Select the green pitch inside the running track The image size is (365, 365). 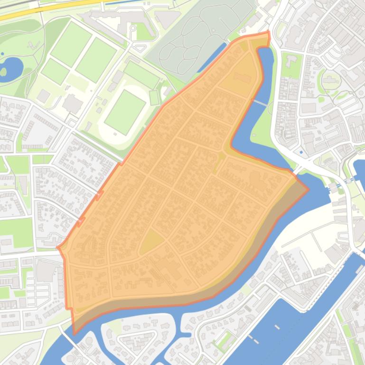pos(125,111)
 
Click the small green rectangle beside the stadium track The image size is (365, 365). pos(154,97)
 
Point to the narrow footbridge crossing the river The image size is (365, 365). pos(260,102)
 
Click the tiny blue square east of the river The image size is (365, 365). pos(301,153)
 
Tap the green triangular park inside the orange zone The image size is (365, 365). pos(151,241)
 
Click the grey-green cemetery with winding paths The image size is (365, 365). pos(199,38)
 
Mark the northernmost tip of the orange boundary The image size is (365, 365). pos(268,32)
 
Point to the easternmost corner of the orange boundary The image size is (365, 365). pos(308,190)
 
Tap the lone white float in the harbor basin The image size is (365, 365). pos(277,327)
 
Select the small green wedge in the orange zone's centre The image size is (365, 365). pos(219,161)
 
